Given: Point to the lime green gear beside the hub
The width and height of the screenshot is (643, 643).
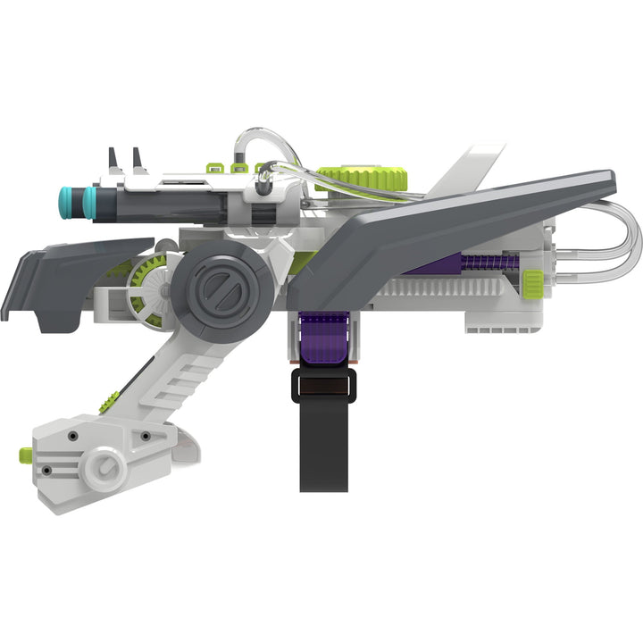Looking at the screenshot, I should (x=147, y=282).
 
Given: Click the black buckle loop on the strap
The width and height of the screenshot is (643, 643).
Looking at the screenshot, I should (x=322, y=386).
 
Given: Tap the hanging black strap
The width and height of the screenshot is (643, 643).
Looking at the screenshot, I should (x=323, y=447).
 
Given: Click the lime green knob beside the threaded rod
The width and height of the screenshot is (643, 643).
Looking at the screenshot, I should (x=533, y=280).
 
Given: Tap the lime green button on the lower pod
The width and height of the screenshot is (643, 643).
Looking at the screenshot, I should (x=26, y=455).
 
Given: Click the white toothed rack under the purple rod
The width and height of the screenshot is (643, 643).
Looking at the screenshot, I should (x=447, y=288).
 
